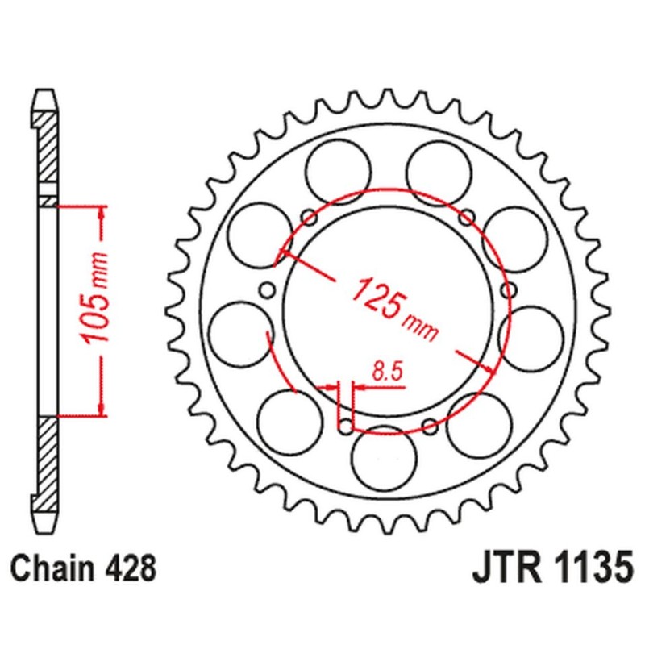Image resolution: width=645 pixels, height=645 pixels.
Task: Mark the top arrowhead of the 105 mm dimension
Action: (x=102, y=210)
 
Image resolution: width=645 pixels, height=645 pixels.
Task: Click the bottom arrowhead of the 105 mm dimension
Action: (x=102, y=410)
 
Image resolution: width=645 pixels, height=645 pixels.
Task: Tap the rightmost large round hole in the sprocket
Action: (x=529, y=332)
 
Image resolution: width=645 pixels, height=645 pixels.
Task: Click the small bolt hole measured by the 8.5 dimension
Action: (x=346, y=425)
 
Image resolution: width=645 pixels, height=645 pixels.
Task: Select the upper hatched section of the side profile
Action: (x=48, y=153)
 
